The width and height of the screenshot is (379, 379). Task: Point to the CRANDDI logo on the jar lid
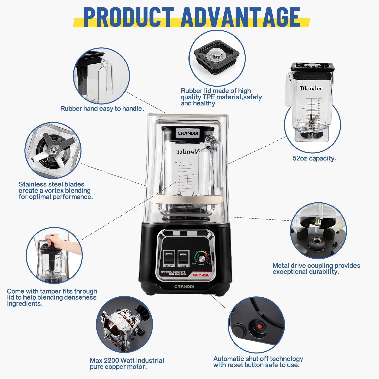click(x=188, y=133)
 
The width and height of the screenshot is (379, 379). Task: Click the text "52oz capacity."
click(x=314, y=158)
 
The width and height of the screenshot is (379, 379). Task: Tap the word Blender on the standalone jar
click(x=311, y=88)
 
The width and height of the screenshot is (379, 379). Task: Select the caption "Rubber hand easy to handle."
click(x=102, y=109)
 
